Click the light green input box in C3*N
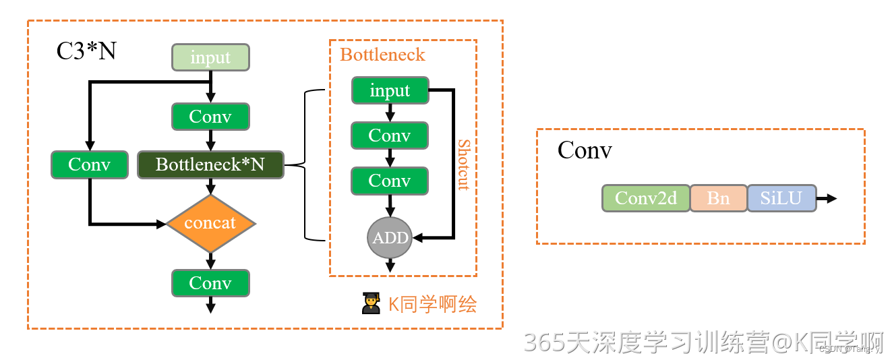click(210, 57)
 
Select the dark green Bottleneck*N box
click(210, 164)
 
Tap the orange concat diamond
click(210, 223)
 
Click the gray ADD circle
click(390, 238)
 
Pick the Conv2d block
click(646, 198)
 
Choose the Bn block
click(718, 198)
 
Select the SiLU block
click(781, 198)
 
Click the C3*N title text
click(86, 51)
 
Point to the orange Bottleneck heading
click(382, 55)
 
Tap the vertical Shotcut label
click(464, 164)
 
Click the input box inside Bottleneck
click(390, 90)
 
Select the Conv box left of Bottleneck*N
click(89, 164)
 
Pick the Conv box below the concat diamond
click(210, 283)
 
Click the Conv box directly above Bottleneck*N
click(210, 117)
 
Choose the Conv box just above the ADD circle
click(390, 181)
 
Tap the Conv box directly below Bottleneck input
click(390, 136)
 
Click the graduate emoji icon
click(371, 304)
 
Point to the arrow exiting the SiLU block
click(827, 198)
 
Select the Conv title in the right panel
click(585, 150)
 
